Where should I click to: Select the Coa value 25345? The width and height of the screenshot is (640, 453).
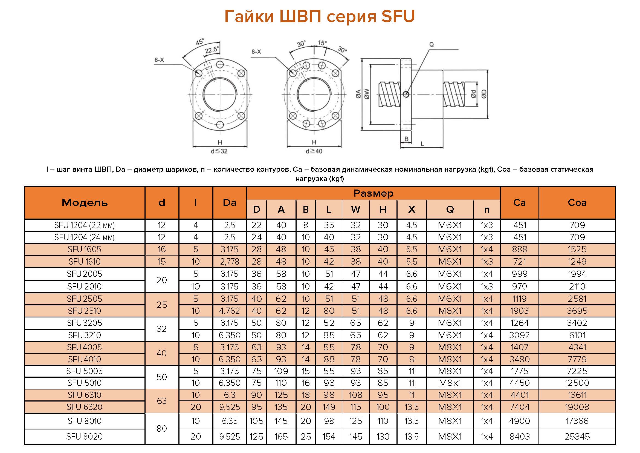pos(577,436)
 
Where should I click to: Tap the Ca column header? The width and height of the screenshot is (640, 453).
pos(520,202)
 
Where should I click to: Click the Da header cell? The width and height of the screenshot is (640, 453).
pos(230,202)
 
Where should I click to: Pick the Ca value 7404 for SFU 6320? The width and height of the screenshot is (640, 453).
pos(520,407)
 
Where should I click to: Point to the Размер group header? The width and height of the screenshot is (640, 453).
pos(373,193)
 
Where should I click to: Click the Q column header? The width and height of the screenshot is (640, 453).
pos(450,210)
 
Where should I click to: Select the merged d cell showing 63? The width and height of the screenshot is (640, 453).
pos(162,401)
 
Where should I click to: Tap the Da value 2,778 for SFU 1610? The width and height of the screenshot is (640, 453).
pos(230,262)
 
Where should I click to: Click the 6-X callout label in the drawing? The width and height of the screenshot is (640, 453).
pos(159,60)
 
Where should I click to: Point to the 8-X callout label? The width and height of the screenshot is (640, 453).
pos(256,51)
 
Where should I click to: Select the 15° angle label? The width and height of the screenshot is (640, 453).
pos(322,43)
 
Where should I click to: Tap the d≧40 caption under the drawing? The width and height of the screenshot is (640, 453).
pos(314,151)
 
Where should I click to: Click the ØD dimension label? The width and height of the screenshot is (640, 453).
pos(484,94)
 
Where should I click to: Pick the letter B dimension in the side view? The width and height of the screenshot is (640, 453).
pos(406,139)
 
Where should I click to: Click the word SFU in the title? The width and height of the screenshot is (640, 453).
pos(398,16)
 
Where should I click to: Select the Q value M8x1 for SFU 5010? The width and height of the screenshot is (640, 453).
pos(450,383)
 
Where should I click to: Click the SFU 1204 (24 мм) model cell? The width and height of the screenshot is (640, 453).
pos(85,237)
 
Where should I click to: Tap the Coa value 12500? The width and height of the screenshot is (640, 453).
pos(577,383)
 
